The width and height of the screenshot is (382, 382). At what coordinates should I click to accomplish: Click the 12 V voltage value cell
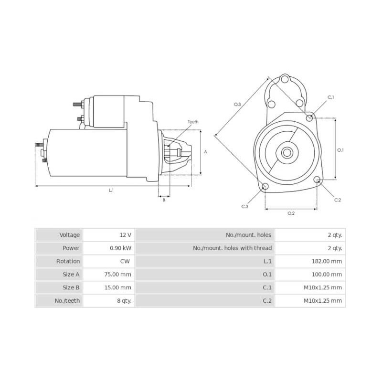click(x=126, y=235)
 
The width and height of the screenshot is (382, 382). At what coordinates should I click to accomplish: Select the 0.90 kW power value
click(x=120, y=248)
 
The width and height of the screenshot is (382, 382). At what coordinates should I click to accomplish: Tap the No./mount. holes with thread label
click(x=232, y=248)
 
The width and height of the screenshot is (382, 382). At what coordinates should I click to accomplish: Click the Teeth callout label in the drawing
click(x=192, y=122)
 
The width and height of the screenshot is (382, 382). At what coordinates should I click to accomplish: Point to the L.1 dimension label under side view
click(x=111, y=191)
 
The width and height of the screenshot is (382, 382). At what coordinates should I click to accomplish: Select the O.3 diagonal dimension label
click(x=237, y=104)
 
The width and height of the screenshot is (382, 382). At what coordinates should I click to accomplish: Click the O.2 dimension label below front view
click(x=290, y=213)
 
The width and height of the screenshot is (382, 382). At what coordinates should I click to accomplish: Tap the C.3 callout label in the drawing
click(x=244, y=206)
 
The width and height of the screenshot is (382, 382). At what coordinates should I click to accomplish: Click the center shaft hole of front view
click(x=287, y=153)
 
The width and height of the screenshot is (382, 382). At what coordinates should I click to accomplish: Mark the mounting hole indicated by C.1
click(x=310, y=117)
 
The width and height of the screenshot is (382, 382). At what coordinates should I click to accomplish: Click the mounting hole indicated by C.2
click(x=317, y=180)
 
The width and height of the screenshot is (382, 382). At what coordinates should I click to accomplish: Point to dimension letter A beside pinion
click(x=205, y=152)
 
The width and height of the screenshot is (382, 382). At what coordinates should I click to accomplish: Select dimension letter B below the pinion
click(x=164, y=200)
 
